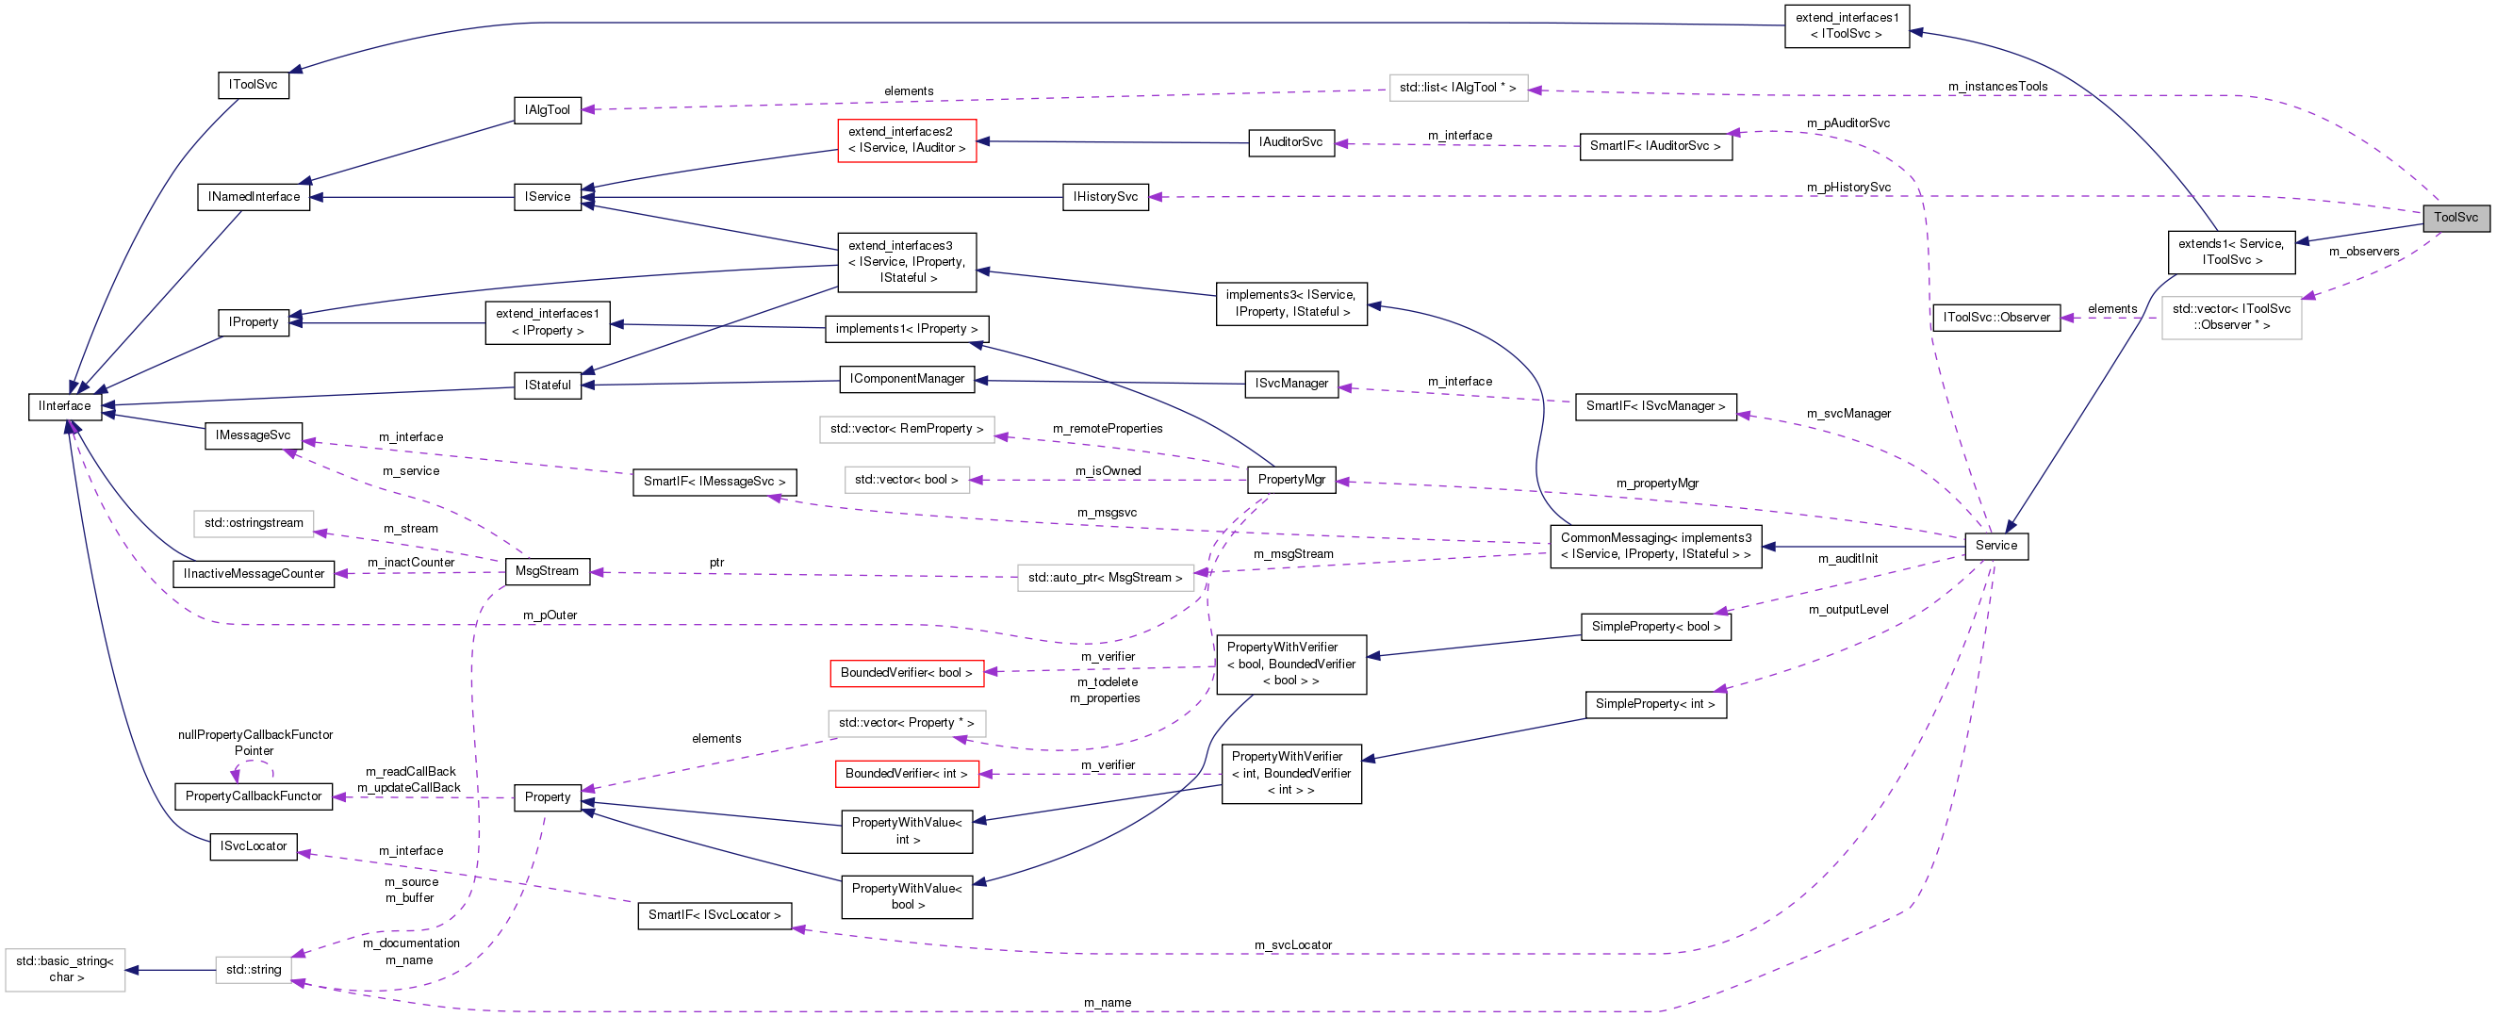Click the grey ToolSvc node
point(2455,217)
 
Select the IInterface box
point(65,406)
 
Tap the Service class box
point(1996,546)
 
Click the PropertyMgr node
point(1290,480)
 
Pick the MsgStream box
point(547,571)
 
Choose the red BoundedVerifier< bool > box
point(906,673)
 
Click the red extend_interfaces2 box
point(906,140)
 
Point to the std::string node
point(253,970)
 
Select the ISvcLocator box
point(253,846)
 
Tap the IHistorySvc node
point(1105,197)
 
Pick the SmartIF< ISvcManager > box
point(1655,407)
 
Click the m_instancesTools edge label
point(1998,86)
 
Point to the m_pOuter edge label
point(550,615)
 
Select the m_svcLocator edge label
point(1292,945)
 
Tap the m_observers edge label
point(2364,252)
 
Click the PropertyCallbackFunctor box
point(253,796)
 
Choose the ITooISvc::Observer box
point(1996,318)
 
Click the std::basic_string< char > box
point(65,970)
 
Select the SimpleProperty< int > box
point(1655,704)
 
